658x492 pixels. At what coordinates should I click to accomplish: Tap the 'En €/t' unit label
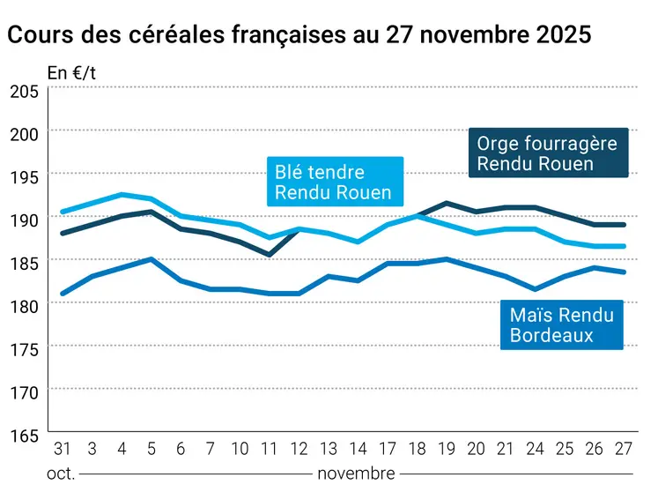point(71,73)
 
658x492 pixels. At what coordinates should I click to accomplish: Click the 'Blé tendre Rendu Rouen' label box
point(335,182)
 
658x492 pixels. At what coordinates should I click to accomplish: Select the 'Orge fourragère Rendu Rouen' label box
point(547,153)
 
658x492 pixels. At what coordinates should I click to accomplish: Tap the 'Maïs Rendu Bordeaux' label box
point(561,324)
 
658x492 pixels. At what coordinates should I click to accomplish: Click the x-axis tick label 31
point(62,450)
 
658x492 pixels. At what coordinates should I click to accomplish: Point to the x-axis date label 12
point(299,450)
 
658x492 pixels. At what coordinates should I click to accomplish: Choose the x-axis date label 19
point(447,450)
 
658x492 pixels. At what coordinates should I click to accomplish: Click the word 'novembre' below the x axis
point(356,473)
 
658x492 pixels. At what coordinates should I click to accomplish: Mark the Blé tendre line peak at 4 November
point(122,195)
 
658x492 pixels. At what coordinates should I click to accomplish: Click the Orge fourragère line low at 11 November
point(270,255)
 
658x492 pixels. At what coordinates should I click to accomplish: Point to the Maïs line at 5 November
point(152,259)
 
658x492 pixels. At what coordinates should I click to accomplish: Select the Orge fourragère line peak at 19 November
point(447,203)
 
